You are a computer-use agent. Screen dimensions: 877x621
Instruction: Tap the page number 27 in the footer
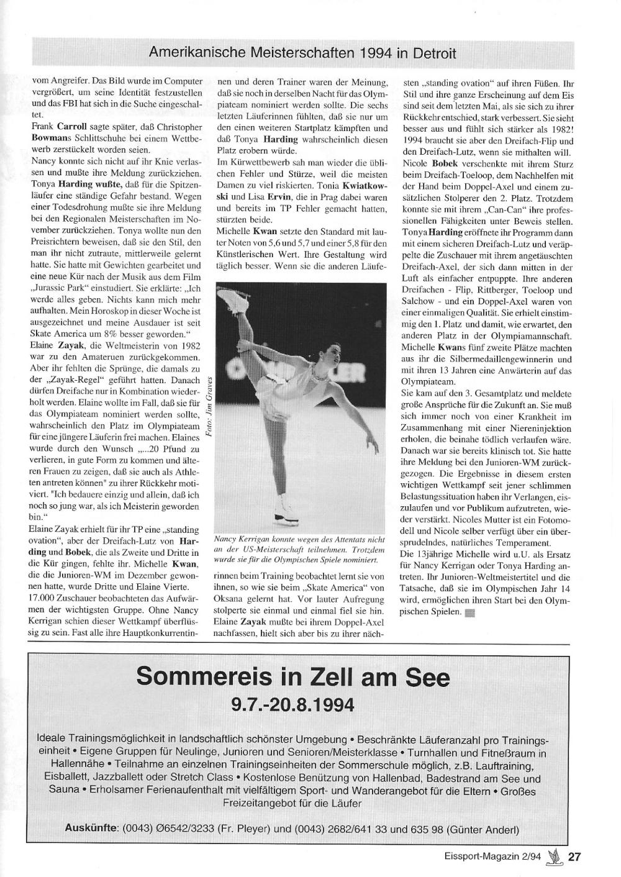[x=574, y=857]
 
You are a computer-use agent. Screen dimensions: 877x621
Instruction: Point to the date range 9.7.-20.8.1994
[x=292, y=706]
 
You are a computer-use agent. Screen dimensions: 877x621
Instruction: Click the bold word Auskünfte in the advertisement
[x=91, y=828]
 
